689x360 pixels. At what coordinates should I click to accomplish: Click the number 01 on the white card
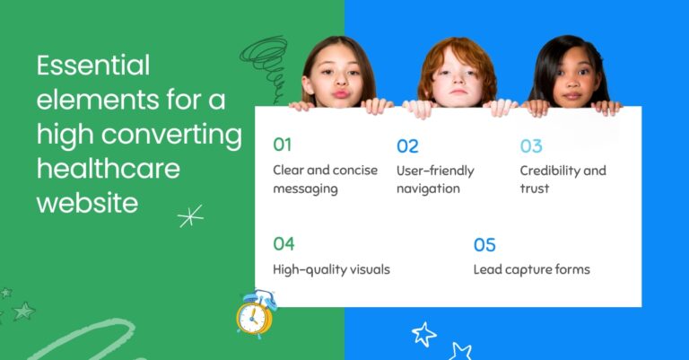pos(283,145)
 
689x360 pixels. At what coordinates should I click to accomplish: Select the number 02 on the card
pos(407,145)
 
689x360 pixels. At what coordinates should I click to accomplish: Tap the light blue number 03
pos(531,145)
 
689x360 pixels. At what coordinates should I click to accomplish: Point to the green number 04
pos(283,243)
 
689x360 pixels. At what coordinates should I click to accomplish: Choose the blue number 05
pos(484,244)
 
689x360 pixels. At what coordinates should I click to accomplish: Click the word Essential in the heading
pos(93,66)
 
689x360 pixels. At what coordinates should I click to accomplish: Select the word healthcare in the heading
pos(108,169)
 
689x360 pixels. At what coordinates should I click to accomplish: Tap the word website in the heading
pos(87,203)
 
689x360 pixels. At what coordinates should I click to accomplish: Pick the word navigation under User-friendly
pos(428,189)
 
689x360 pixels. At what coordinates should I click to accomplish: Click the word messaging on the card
pos(305,189)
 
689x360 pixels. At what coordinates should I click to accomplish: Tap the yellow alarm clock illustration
pos(255,314)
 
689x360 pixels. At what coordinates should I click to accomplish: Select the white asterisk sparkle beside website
pos(190,215)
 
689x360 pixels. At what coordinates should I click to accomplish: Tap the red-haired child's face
pos(457,76)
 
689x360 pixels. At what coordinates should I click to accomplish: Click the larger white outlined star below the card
pos(423,334)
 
